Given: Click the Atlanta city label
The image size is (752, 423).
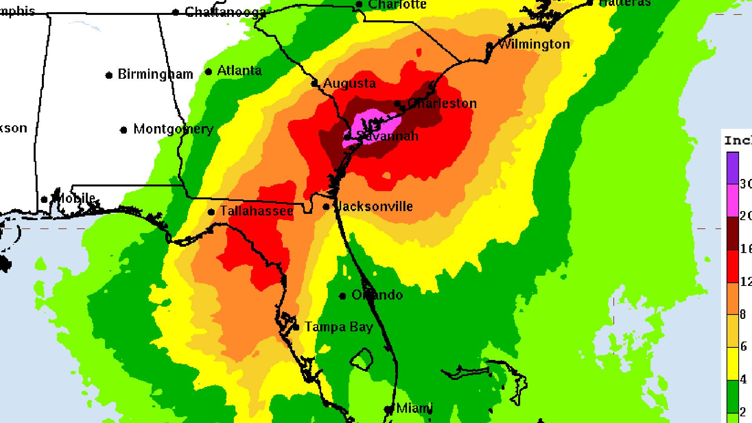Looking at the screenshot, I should pos(239,70).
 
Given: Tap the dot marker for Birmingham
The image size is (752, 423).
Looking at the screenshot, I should pos(109,75).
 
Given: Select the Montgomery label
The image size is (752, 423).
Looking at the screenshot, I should pos(173,129).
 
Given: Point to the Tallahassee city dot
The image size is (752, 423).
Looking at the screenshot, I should pos(211,212).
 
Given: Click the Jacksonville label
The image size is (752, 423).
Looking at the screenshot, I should pos(374,206).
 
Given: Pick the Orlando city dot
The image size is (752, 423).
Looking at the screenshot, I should pos(343,296).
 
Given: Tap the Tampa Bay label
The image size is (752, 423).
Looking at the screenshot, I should pos(339,327).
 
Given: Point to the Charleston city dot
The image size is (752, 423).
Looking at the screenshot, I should pos(398,104).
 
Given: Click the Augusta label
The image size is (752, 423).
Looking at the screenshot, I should pos(349,83).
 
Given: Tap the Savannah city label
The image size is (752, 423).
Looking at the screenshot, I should pos(387,136).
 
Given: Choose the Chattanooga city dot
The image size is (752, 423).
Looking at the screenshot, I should pos(176,13).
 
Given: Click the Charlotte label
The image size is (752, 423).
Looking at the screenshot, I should pos(398,5).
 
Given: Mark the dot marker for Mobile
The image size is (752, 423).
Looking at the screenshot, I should pos(44,200).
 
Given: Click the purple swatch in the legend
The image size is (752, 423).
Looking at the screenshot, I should pos(732,168).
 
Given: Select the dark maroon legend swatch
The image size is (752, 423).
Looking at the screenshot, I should pos(732,233).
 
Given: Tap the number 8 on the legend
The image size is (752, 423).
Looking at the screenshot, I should pos(743,314).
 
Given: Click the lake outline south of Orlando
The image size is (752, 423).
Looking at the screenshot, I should pos(362,358).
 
